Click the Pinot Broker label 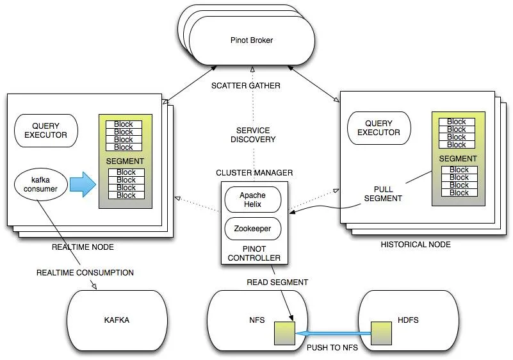(x=252, y=40)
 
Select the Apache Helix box (x=252, y=200)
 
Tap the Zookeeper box (x=252, y=229)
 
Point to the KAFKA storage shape (x=117, y=320)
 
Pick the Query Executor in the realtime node (x=45, y=130)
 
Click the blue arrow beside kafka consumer (x=82, y=184)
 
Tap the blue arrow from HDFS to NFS (x=333, y=334)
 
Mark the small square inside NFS (x=283, y=334)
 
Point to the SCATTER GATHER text (x=254, y=86)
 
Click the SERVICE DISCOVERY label (x=254, y=135)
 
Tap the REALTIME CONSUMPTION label (x=85, y=273)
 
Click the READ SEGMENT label (x=277, y=282)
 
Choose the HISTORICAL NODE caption (x=416, y=245)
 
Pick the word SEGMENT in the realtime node (x=126, y=161)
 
